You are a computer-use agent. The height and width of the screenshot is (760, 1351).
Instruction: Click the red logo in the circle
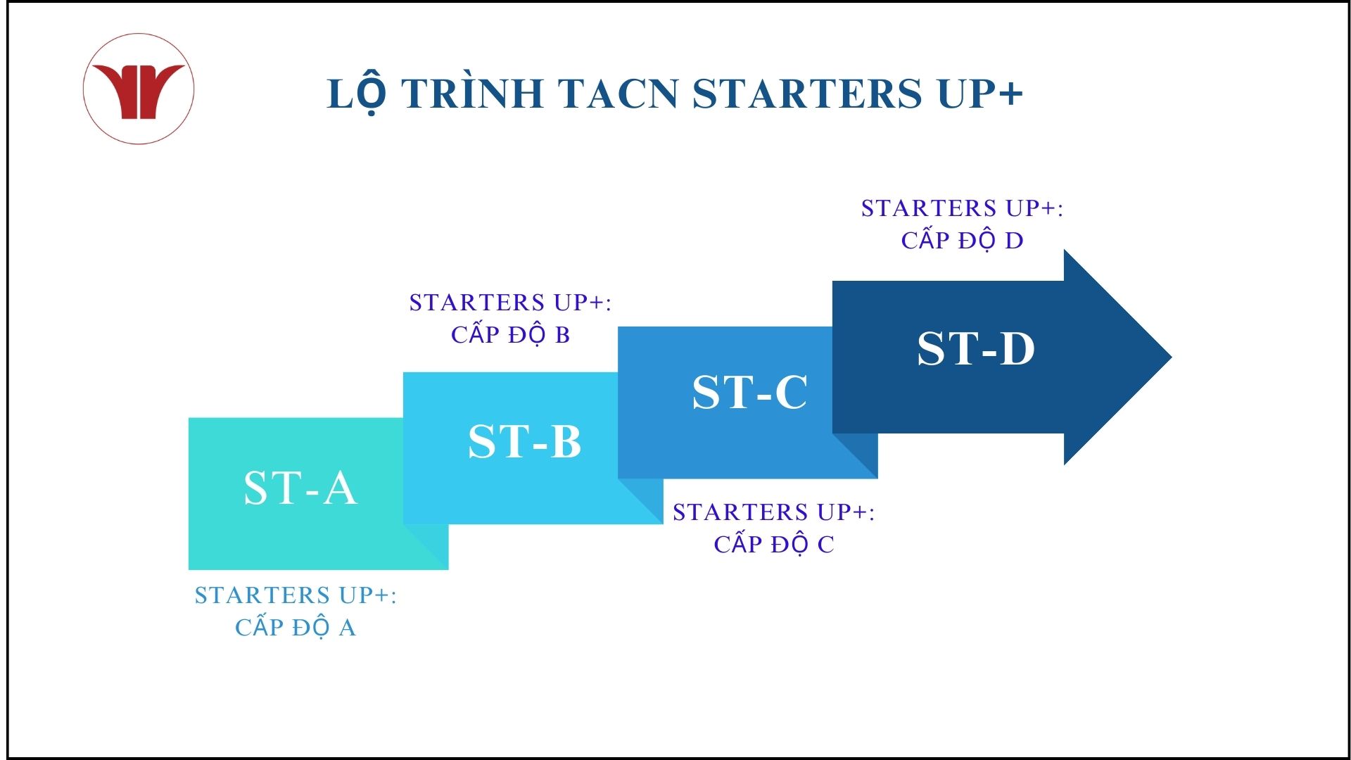point(139,90)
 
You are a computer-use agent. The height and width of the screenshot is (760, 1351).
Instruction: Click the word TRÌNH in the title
point(473,94)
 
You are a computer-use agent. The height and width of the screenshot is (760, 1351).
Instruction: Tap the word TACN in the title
point(618,94)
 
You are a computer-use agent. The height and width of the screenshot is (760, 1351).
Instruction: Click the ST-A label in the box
point(300,488)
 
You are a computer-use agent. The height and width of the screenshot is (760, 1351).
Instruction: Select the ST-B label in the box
point(525,441)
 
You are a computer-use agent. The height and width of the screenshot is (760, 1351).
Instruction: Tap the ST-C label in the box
point(750,391)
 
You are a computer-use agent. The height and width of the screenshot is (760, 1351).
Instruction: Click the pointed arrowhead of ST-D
point(1171,357)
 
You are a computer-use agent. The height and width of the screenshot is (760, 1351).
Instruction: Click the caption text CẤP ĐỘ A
point(296,626)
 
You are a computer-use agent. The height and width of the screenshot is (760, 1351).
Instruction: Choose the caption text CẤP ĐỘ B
point(511,334)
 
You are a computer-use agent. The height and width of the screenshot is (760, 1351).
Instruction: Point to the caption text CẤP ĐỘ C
point(774,543)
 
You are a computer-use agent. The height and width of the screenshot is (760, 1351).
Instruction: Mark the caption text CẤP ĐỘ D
point(963,239)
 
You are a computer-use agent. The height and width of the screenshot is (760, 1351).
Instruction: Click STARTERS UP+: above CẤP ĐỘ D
point(963,208)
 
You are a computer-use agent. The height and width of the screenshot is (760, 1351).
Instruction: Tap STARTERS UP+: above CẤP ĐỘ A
point(296,595)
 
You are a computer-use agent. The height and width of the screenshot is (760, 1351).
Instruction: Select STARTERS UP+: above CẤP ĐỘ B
point(511,303)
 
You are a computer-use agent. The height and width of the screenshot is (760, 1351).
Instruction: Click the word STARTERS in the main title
point(807,94)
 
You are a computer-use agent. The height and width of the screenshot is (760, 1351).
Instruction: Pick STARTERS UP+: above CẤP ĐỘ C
point(774,512)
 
